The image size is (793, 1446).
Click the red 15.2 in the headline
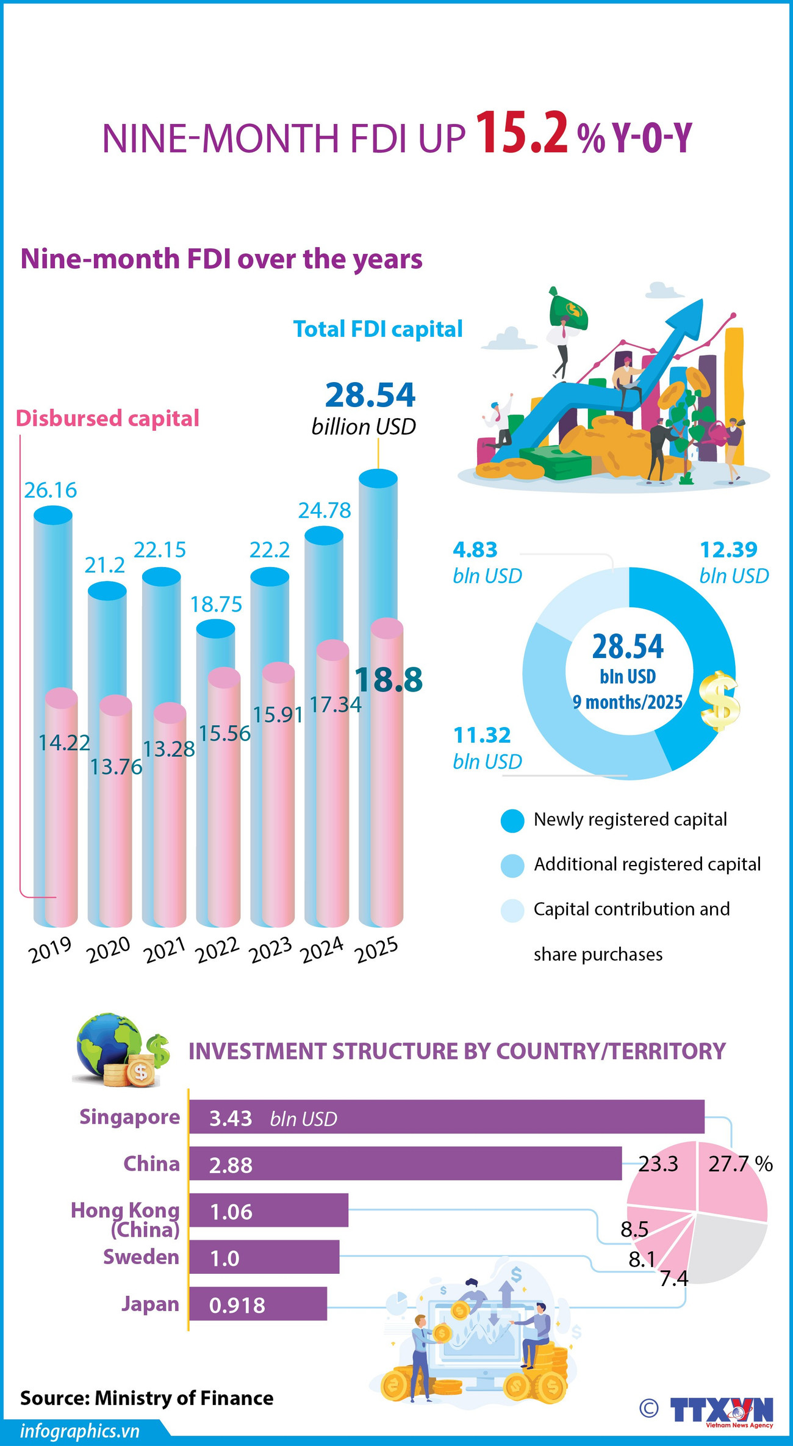click(x=522, y=133)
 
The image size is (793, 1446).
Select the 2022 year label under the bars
click(x=217, y=950)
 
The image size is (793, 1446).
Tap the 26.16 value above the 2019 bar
click(x=51, y=490)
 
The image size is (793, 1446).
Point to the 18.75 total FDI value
click(x=216, y=604)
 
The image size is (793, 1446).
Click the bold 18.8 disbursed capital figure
click(x=389, y=680)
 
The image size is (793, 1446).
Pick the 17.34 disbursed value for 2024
click(x=335, y=705)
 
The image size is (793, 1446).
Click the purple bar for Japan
click(x=258, y=1304)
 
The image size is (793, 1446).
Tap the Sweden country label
click(x=141, y=1257)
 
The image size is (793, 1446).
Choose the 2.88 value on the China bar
click(x=231, y=1165)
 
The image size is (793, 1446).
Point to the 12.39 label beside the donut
click(x=728, y=550)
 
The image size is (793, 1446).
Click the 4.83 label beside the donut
click(x=475, y=550)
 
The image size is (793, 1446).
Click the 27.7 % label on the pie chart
click(x=740, y=1164)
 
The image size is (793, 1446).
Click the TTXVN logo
click(x=722, y=1410)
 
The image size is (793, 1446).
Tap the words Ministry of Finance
click(x=184, y=1398)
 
